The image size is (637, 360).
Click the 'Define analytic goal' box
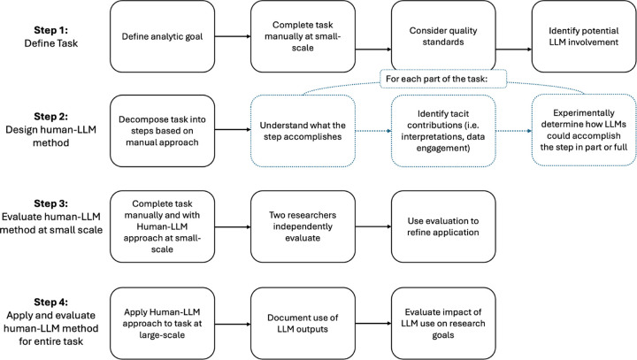(x=162, y=36)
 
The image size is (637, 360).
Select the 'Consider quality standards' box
(x=443, y=36)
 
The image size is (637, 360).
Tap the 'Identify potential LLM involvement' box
(x=584, y=36)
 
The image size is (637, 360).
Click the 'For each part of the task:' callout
(x=443, y=79)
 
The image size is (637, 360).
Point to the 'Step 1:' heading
(x=50, y=30)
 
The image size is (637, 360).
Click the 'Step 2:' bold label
(x=50, y=117)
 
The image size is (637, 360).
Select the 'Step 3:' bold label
(x=50, y=203)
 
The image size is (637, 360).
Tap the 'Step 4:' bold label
(x=50, y=303)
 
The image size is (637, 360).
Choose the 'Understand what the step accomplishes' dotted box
(x=303, y=131)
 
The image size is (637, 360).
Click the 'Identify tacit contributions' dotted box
(x=443, y=131)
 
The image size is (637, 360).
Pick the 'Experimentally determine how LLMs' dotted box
(x=584, y=130)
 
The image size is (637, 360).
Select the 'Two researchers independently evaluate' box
(x=303, y=226)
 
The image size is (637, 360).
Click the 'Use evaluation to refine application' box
(x=443, y=226)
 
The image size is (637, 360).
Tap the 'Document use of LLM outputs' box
(x=303, y=324)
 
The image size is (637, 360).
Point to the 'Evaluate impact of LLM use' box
(x=443, y=324)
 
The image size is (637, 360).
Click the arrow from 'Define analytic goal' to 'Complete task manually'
(x=233, y=36)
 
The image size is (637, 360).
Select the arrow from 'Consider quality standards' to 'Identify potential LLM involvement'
(x=514, y=50)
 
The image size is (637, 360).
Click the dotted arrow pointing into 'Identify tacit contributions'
(x=373, y=131)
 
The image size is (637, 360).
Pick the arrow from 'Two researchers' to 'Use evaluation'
(x=373, y=226)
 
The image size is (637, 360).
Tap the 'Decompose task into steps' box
(x=162, y=131)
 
